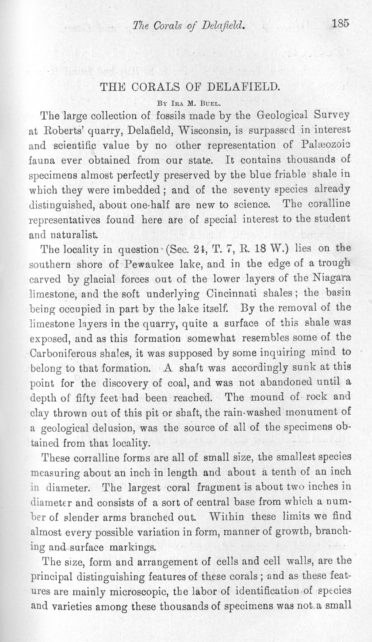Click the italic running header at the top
pyautogui.click(x=189, y=26)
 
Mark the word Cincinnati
pyautogui.click(x=232, y=293)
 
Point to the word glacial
pyautogui.click(x=100, y=279)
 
